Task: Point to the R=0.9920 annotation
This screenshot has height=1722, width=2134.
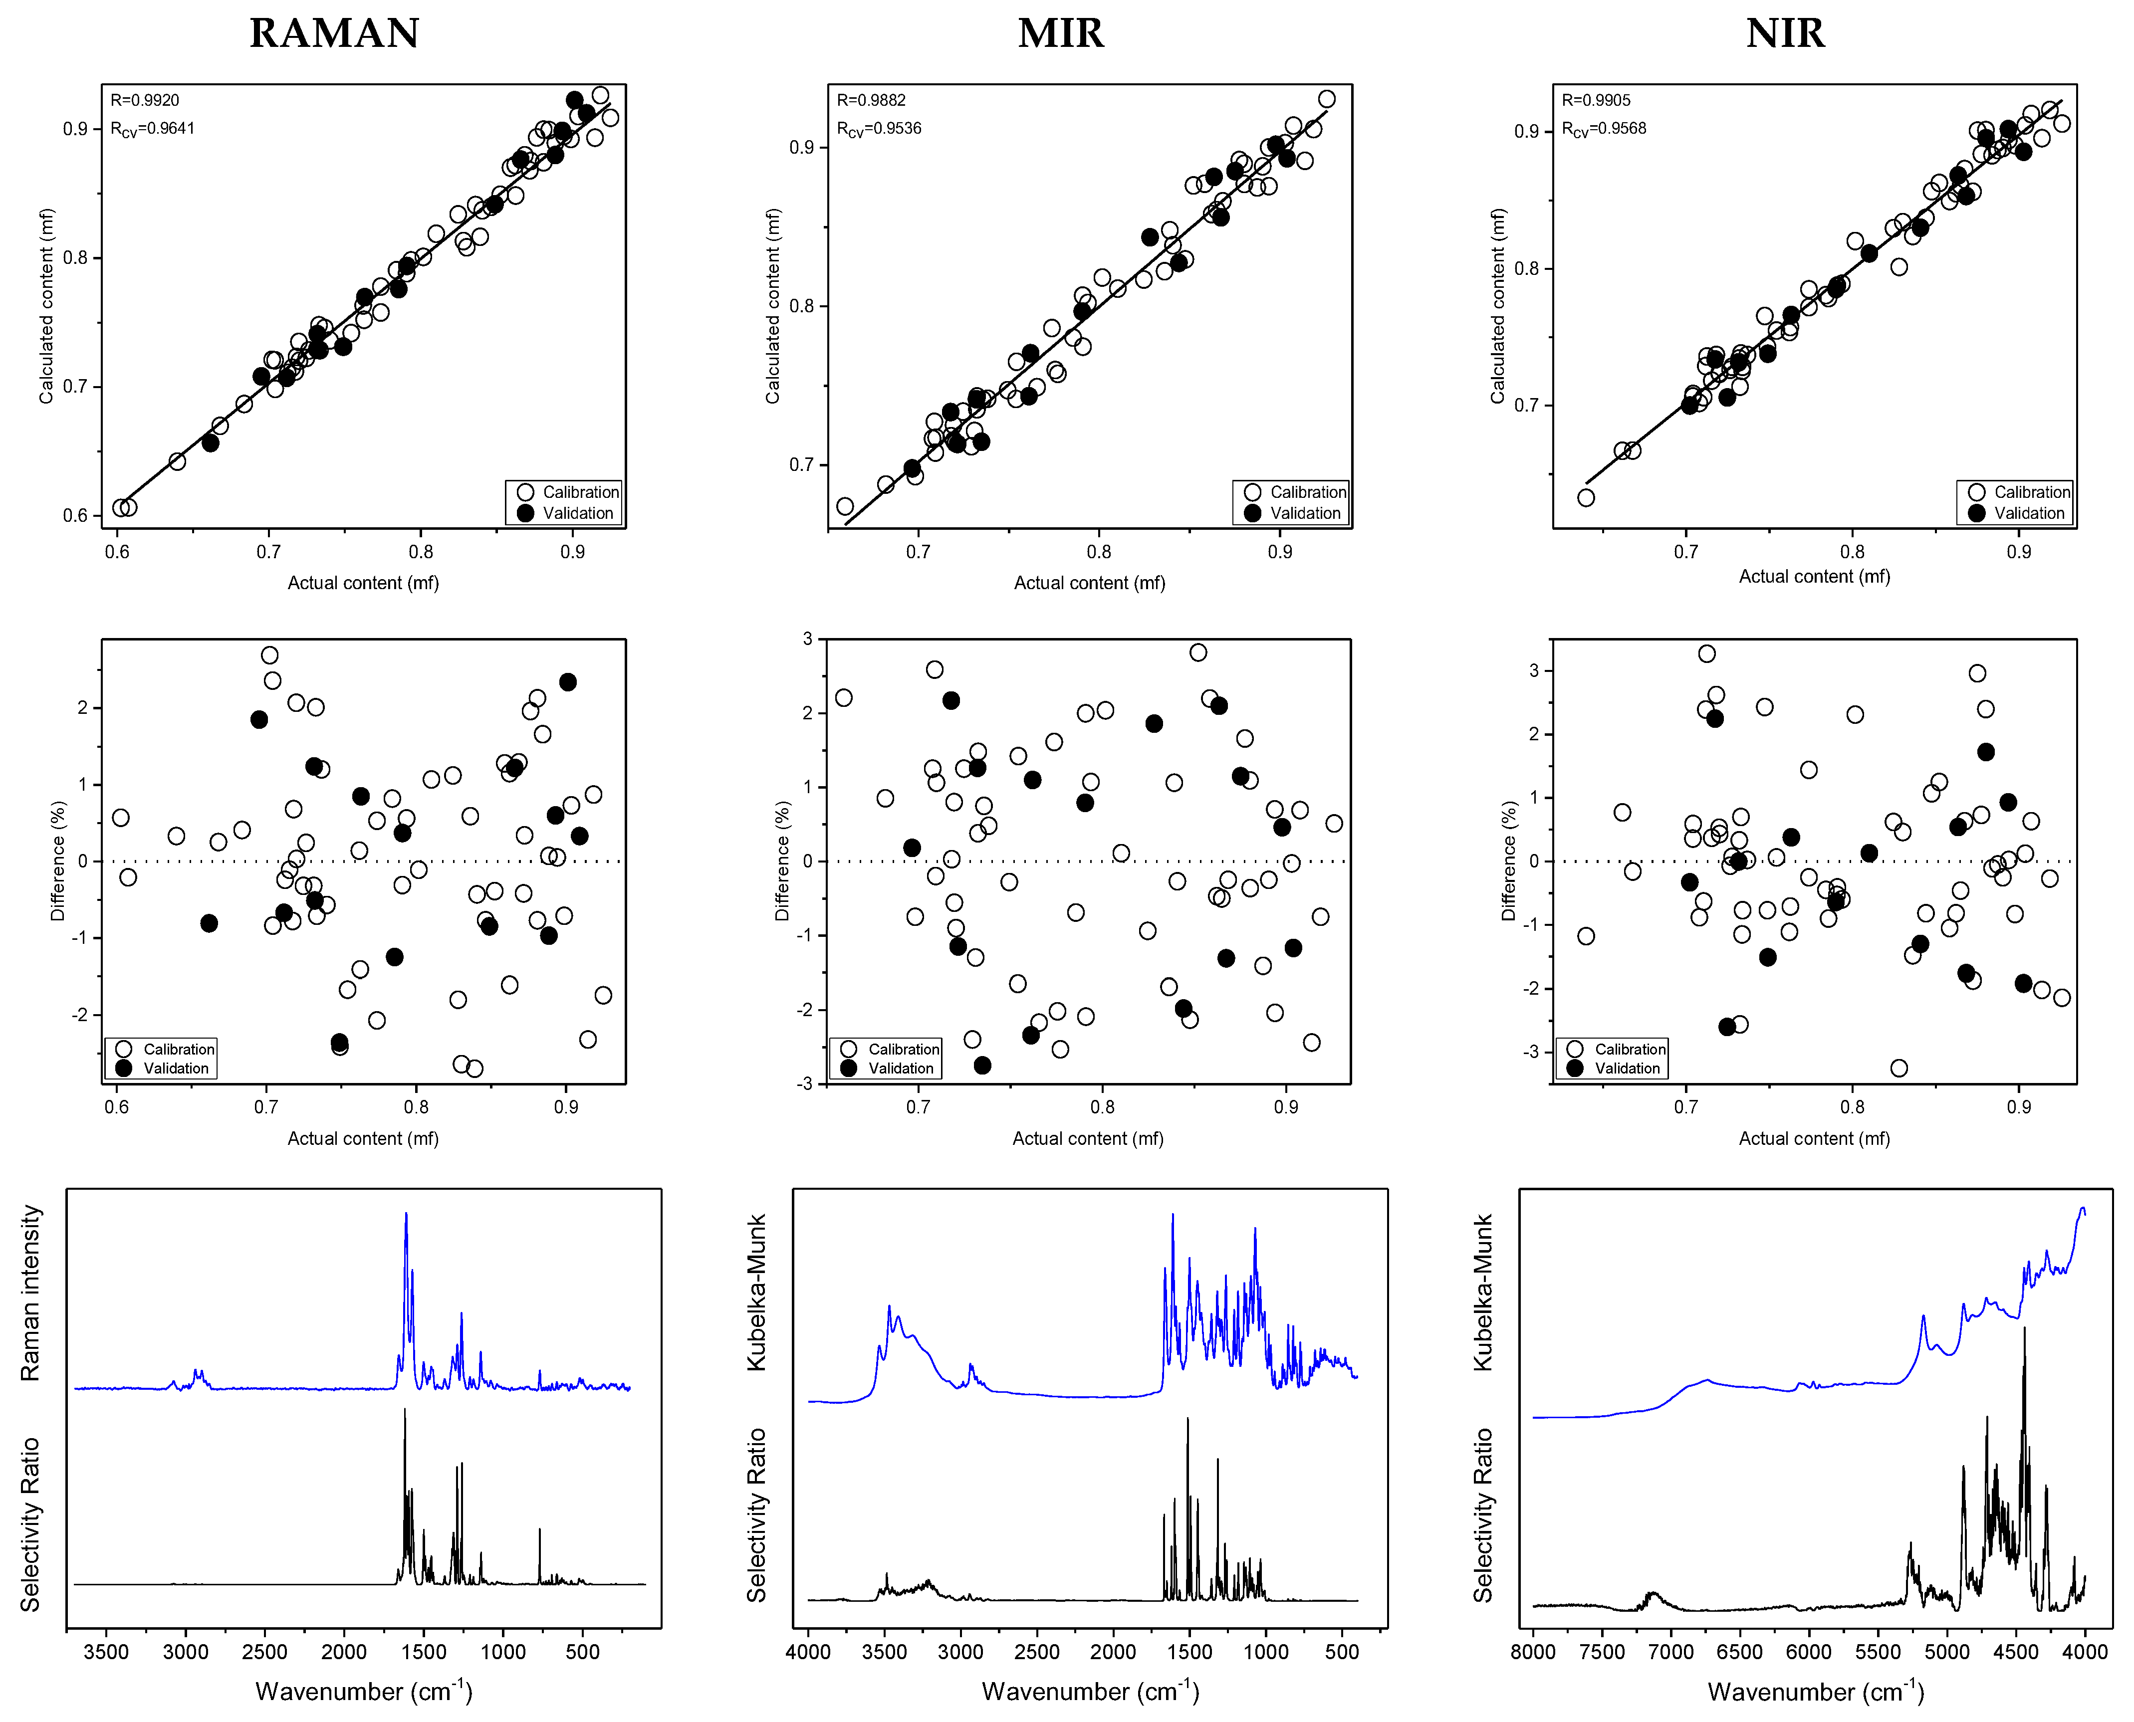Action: tap(145, 100)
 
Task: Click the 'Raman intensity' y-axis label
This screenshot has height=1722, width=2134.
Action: tap(30, 1292)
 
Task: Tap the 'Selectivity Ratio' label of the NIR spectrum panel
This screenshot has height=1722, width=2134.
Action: tap(1482, 1514)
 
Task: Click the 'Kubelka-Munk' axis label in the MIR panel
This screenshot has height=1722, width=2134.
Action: tap(756, 1292)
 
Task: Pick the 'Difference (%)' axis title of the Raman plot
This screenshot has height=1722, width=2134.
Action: tap(57, 861)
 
